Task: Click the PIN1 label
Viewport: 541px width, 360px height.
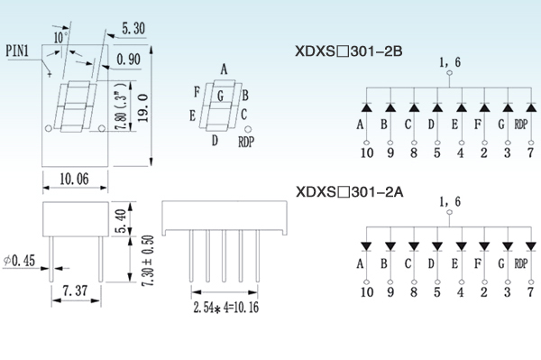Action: (17, 51)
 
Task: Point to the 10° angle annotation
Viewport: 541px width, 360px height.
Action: (60, 37)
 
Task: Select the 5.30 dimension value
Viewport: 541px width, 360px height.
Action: (133, 28)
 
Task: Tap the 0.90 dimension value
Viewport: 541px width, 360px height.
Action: (128, 60)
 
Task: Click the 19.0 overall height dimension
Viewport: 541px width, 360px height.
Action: (142, 107)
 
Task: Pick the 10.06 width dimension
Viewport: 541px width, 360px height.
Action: (74, 179)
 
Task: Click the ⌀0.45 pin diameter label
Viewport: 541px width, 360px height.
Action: (19, 261)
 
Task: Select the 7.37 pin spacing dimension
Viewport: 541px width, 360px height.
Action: (76, 291)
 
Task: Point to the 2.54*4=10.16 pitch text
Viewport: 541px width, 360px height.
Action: (225, 307)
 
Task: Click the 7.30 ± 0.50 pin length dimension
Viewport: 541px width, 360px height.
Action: (148, 261)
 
